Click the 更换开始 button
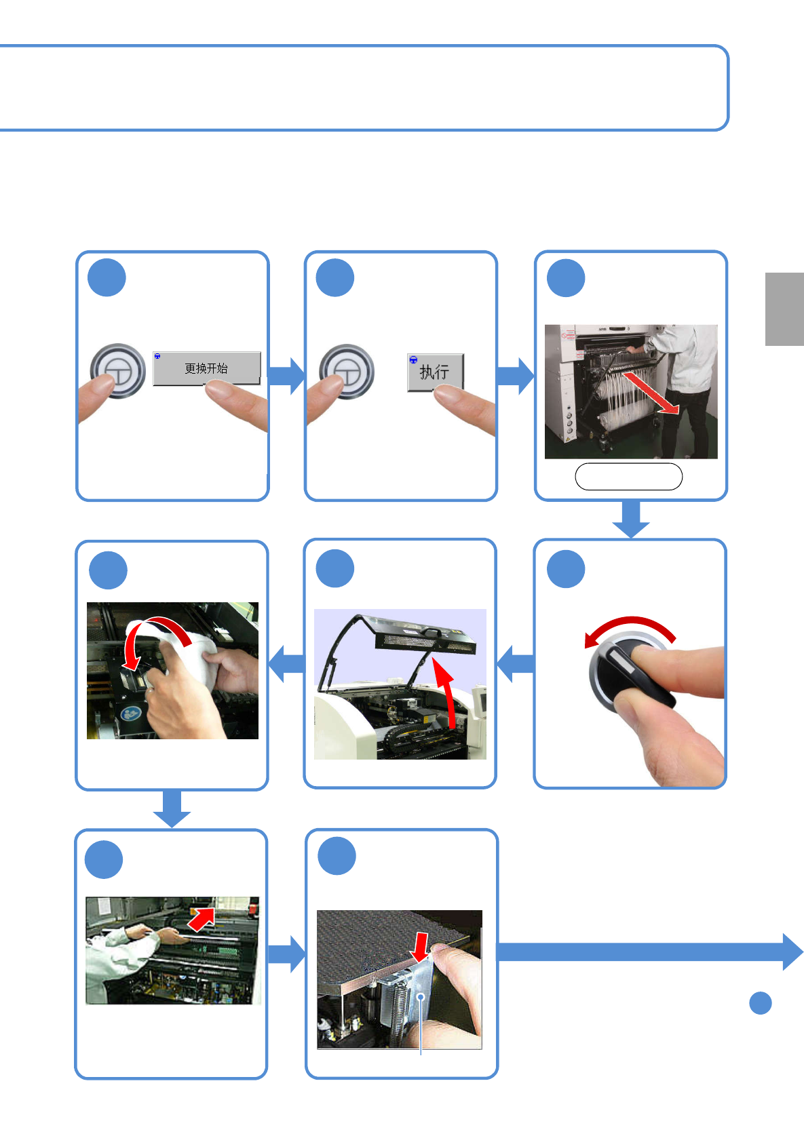coord(206,368)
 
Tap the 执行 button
coord(435,372)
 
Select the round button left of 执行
coord(347,372)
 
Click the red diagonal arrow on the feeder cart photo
coord(651,393)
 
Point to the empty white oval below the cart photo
coord(628,476)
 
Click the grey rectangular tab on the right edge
coord(784,309)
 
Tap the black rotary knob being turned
coord(632,671)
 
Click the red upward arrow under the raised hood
coord(447,692)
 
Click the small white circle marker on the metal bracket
coord(421,997)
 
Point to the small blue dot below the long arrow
coord(761,1003)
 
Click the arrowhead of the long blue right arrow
coord(792,952)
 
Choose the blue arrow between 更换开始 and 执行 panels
coord(286,376)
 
